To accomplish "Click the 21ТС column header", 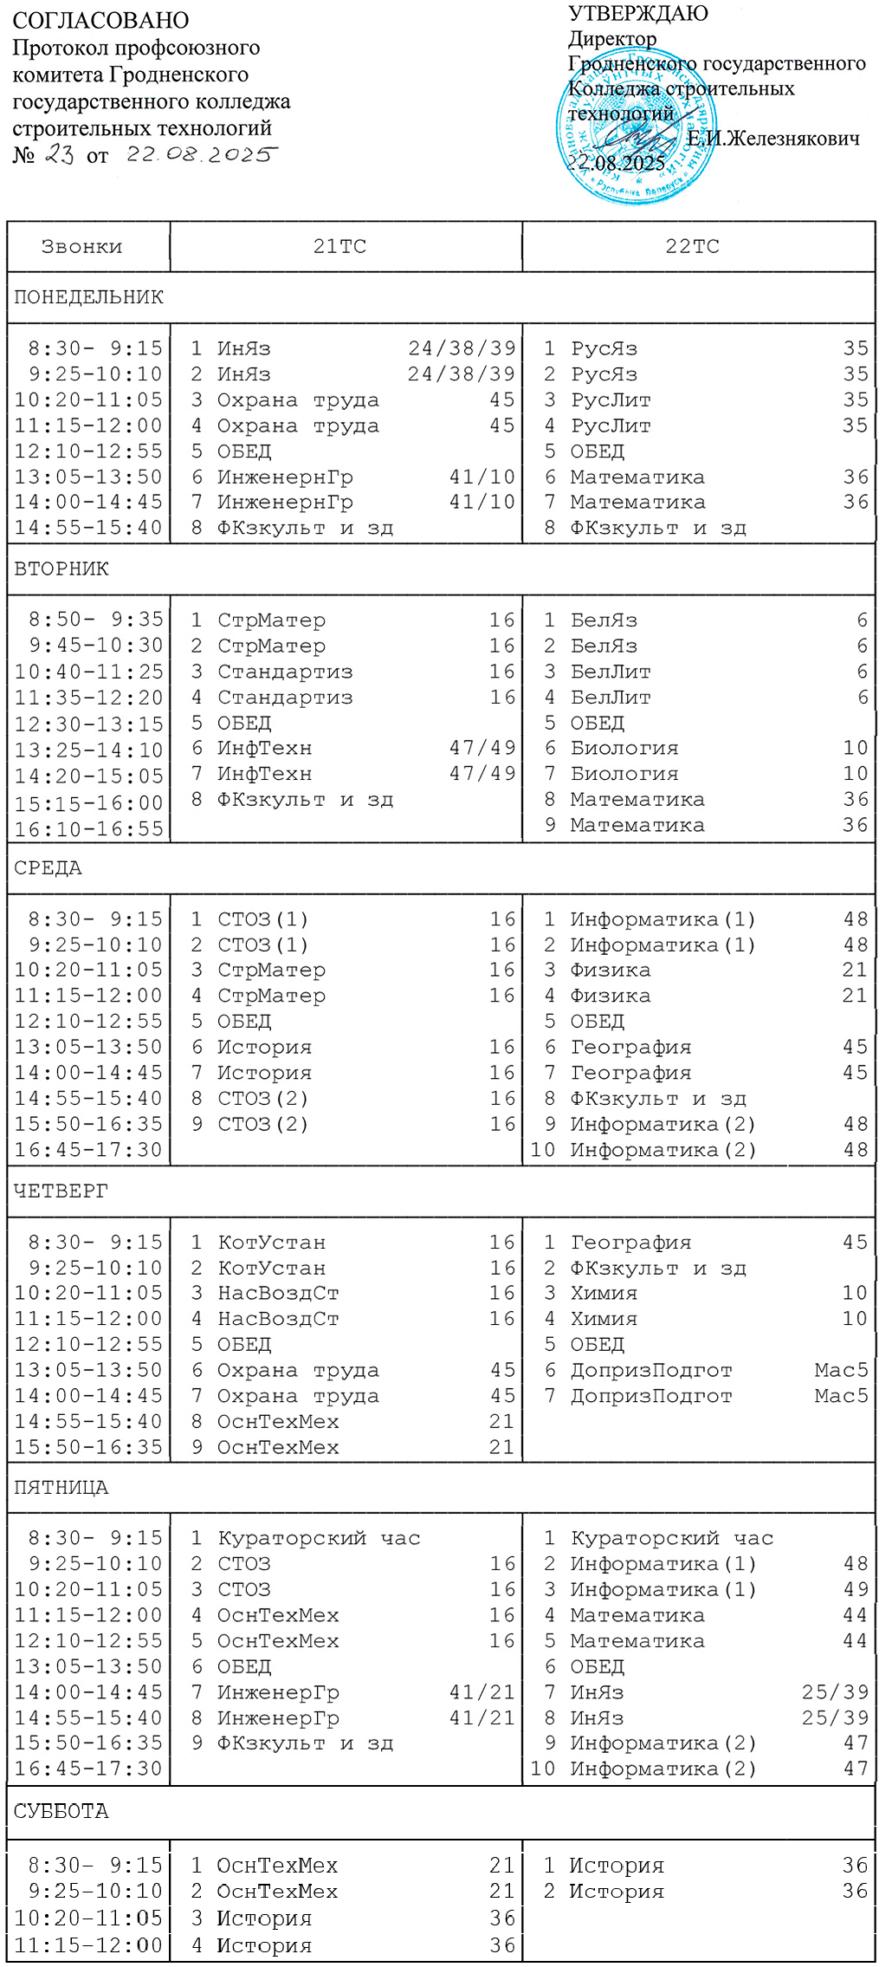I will click(339, 247).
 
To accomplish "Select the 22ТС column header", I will click(692, 247).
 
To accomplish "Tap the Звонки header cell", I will click(82, 247).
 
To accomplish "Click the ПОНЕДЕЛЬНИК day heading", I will click(88, 297).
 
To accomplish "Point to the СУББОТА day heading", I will click(61, 1811).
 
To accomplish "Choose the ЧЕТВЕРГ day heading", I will click(61, 1191).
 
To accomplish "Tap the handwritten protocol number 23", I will click(59, 154).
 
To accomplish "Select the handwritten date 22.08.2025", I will click(201, 154).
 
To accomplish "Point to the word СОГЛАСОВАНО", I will click(100, 20).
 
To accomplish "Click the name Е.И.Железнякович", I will click(773, 139).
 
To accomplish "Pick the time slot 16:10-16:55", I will click(88, 829).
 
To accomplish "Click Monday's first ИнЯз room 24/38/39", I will click(462, 348).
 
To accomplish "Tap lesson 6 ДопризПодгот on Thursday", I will click(650, 1370).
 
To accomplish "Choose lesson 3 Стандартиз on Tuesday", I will click(285, 672).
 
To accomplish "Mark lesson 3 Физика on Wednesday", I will click(610, 970).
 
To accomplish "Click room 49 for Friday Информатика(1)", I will click(855, 1589).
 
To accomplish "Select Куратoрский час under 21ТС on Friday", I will click(319, 1538).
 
